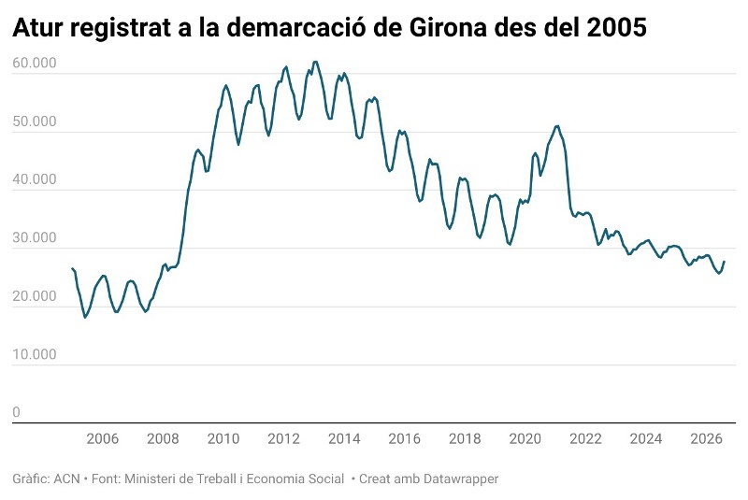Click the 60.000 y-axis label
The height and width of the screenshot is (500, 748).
point(35,63)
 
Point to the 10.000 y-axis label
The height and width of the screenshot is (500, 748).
point(35,354)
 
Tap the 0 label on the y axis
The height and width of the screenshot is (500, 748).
point(16,412)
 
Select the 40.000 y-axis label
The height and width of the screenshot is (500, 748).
point(35,179)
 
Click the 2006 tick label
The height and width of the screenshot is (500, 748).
point(103,438)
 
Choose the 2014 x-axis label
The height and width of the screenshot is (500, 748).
point(344,438)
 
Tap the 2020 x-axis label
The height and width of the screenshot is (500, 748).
point(525,438)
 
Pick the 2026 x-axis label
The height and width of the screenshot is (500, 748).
point(707,438)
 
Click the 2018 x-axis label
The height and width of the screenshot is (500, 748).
point(465,438)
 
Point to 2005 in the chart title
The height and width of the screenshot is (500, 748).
point(616,28)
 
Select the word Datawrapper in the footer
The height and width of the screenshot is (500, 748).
point(460,479)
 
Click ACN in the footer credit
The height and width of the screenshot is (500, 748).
point(66,479)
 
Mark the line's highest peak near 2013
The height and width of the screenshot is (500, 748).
point(315,62)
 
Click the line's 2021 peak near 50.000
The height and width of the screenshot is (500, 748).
point(556,126)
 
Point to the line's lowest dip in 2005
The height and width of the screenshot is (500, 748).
point(85,317)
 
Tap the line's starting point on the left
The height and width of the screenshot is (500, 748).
point(72,268)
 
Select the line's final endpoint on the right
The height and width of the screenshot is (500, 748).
point(724,261)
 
